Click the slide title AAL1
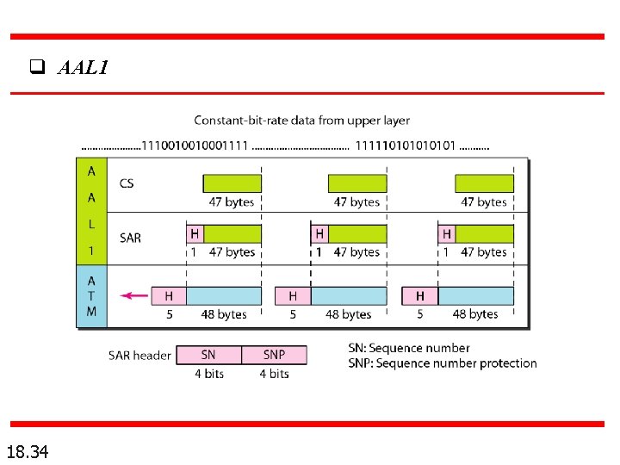(x=83, y=67)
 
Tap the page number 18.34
(x=28, y=450)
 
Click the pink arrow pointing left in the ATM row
(x=133, y=295)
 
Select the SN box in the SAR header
(x=208, y=355)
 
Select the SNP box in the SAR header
(x=274, y=355)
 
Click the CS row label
(x=127, y=183)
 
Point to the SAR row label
(x=131, y=238)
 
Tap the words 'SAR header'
(x=139, y=355)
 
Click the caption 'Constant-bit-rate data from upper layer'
(x=301, y=121)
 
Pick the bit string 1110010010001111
(x=195, y=146)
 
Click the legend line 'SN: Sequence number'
(x=409, y=348)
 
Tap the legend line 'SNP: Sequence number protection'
(x=443, y=363)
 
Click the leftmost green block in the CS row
(x=232, y=183)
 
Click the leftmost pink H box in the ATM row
(x=169, y=296)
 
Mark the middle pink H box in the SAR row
(x=319, y=233)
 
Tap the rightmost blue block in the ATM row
(x=476, y=296)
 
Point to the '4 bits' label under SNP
(x=274, y=374)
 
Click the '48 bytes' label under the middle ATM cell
(x=348, y=314)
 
